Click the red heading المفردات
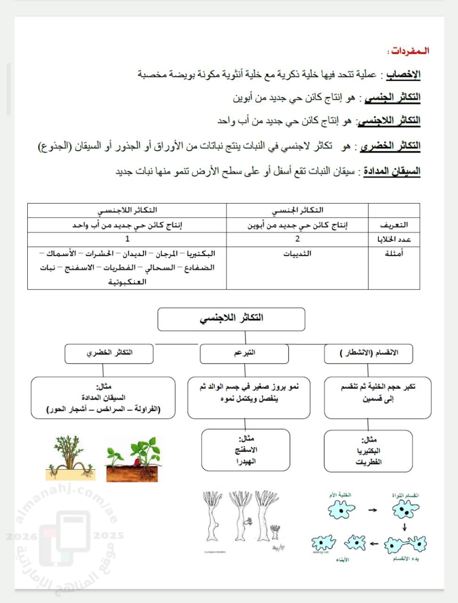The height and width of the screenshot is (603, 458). click(x=408, y=51)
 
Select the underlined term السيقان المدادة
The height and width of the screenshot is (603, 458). click(x=392, y=171)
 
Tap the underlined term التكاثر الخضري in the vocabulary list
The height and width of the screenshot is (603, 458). click(x=390, y=146)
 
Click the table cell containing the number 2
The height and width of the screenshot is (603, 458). click(x=297, y=239)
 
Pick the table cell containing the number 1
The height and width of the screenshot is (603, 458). click(x=127, y=239)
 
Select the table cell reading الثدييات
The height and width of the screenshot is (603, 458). click(x=297, y=254)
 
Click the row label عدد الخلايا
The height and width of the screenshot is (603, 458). click(x=394, y=240)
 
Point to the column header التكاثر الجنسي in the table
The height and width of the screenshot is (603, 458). click(x=297, y=210)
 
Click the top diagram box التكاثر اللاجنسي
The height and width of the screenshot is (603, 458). click(x=231, y=319)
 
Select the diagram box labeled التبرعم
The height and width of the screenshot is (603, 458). click(x=244, y=353)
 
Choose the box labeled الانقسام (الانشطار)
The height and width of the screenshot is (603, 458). click(x=368, y=353)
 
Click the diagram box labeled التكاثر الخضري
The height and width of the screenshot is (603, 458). click(x=109, y=353)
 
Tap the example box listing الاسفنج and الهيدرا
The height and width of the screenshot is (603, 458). click(x=245, y=450)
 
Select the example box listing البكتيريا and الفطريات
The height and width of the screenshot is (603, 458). click(x=368, y=451)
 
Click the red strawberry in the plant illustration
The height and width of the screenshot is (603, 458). click(x=137, y=462)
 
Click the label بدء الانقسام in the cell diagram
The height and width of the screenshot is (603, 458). click(x=405, y=559)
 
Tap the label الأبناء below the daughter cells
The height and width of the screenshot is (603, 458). click(x=343, y=560)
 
